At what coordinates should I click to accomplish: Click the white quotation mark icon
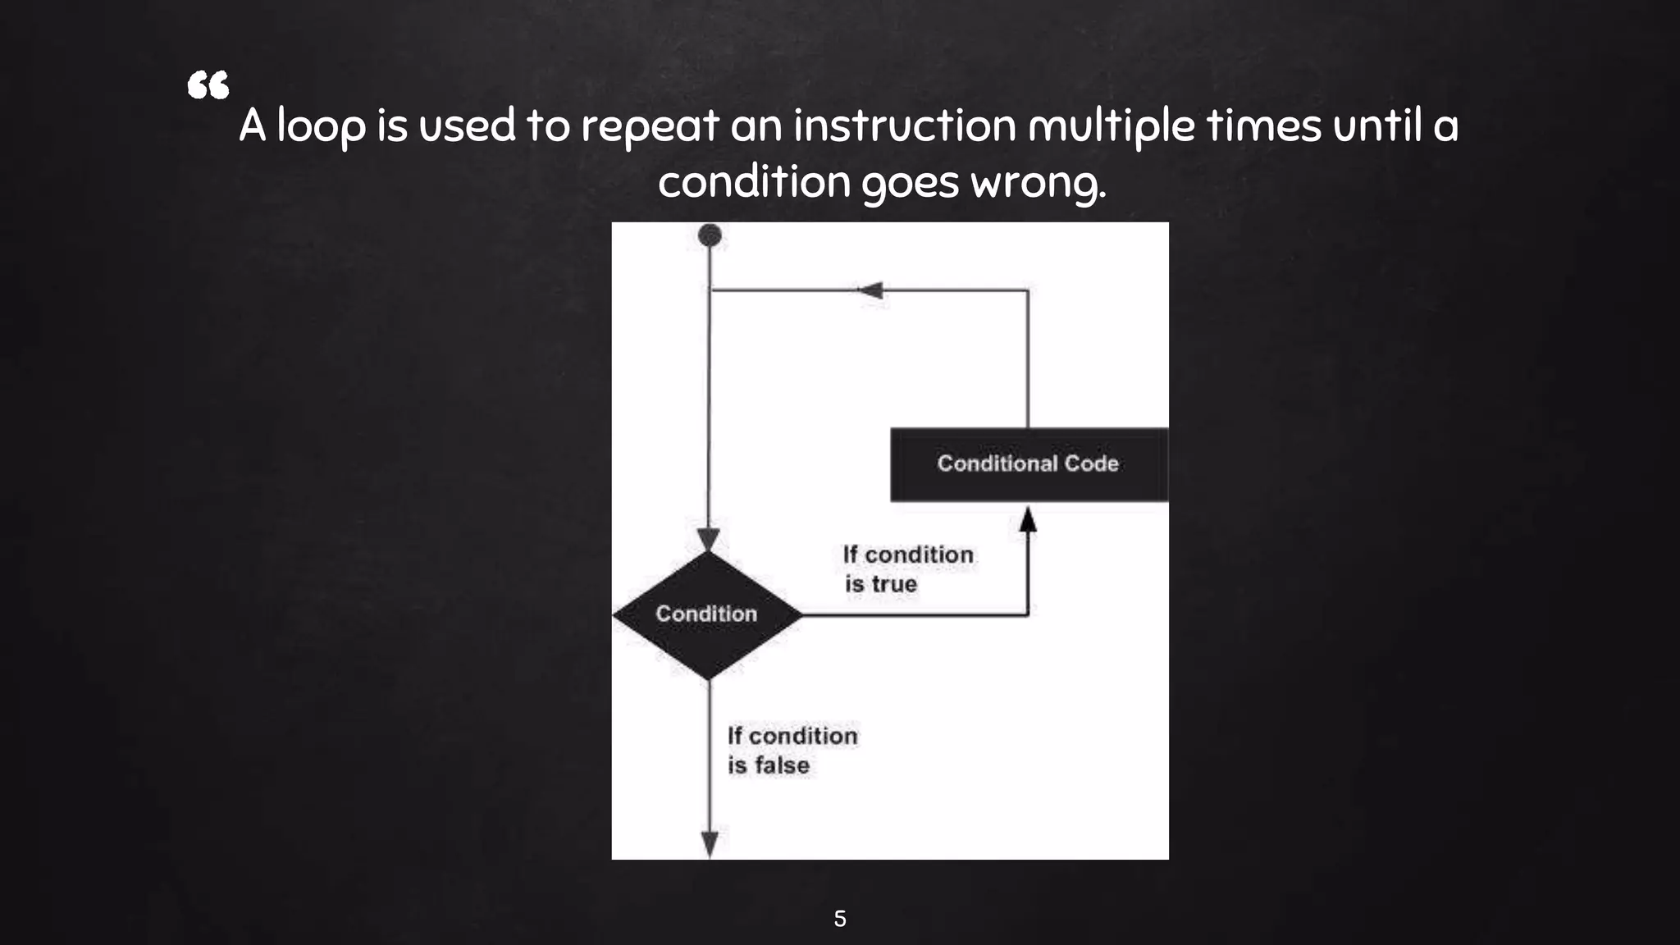pos(208,85)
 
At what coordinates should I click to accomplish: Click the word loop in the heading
pos(321,127)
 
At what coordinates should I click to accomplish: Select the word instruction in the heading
pos(905,126)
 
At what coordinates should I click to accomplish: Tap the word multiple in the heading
pos(1112,127)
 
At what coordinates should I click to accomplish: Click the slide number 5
pos(840,919)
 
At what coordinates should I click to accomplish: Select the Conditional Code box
pos(1029,464)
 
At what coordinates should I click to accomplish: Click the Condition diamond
pos(707,614)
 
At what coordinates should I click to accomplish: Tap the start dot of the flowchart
pos(710,236)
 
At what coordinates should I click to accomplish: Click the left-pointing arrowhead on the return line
pos(870,290)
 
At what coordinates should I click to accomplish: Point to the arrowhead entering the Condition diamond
pos(709,540)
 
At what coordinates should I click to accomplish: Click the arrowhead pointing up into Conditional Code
pos(1028,519)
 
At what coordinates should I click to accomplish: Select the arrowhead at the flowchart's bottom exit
pos(710,843)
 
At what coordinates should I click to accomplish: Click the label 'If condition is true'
pos(908,569)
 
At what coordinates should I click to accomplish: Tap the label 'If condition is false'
pos(792,751)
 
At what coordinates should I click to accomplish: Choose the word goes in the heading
pos(910,183)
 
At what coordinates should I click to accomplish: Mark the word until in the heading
pos(1378,126)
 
